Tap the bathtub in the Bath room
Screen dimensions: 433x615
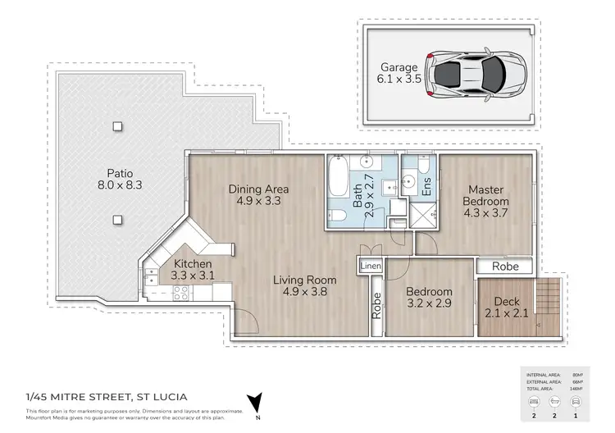point(338,181)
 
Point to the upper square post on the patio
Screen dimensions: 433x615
point(118,126)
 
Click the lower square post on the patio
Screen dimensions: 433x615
point(118,220)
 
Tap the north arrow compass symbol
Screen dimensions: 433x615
point(259,403)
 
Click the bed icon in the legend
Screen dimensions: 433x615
point(535,403)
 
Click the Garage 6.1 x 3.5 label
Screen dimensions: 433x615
point(398,74)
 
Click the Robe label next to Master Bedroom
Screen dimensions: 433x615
point(503,267)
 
